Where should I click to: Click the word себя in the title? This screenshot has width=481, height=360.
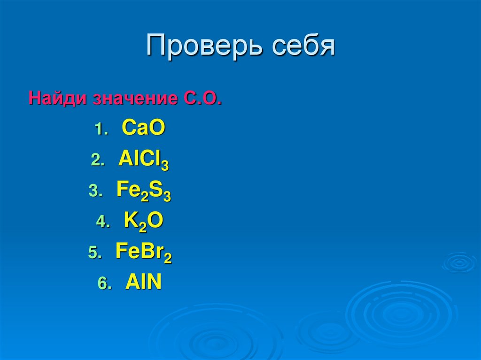click(x=302, y=46)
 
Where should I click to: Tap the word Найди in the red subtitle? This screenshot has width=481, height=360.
click(x=58, y=99)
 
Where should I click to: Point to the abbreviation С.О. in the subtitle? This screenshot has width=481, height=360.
click(x=200, y=99)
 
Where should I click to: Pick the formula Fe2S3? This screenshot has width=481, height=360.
click(x=143, y=192)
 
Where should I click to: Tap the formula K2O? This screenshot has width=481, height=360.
click(x=143, y=222)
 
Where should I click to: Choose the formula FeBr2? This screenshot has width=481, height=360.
click(x=143, y=253)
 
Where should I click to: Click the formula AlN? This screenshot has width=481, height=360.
click(x=143, y=283)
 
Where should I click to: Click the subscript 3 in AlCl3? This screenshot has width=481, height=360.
click(x=165, y=165)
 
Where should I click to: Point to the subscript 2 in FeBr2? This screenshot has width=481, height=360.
click(x=168, y=258)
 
